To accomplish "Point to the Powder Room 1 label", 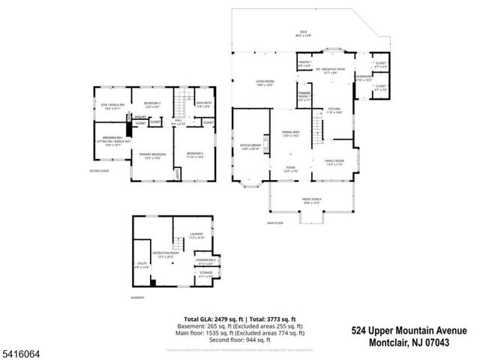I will (304, 97).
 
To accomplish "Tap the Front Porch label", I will (312, 201).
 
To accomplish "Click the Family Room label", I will (334, 162).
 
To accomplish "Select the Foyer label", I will (290, 169).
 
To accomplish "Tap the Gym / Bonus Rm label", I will (111, 106).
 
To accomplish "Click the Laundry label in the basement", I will (196, 235).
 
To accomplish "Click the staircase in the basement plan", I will (178, 244).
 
